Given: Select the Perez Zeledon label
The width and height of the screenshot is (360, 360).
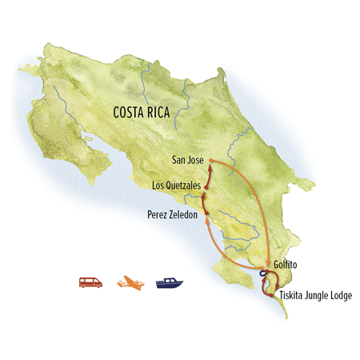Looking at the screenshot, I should pyautogui.click(x=173, y=214).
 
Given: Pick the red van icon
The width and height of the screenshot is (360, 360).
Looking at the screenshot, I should pyautogui.click(x=91, y=282).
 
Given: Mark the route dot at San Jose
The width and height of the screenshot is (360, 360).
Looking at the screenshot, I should pyautogui.click(x=210, y=161).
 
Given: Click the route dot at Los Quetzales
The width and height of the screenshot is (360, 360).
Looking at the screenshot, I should pyautogui.click(x=206, y=188).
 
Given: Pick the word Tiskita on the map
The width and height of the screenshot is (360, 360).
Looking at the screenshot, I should pyautogui.click(x=291, y=296).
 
